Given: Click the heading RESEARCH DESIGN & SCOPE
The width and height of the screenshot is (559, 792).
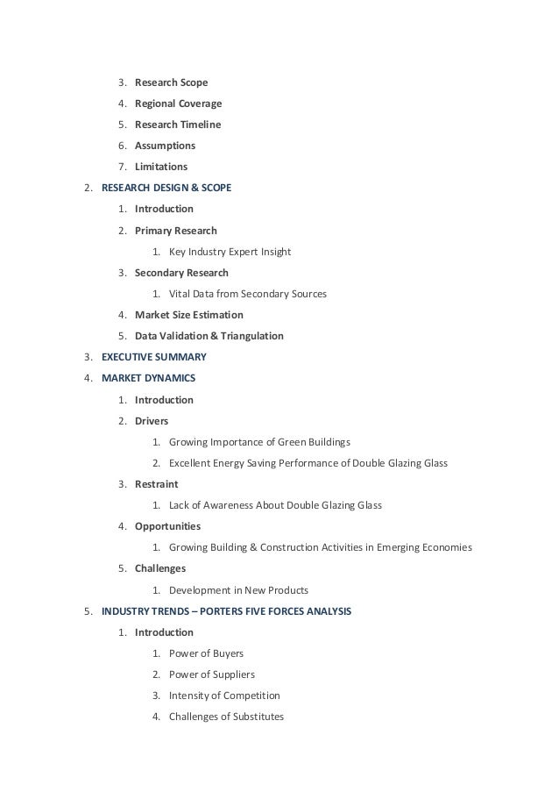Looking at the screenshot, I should [166, 188].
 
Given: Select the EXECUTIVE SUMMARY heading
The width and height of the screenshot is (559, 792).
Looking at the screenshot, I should [154, 357].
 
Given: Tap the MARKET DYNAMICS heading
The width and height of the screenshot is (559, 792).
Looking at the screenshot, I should [148, 379].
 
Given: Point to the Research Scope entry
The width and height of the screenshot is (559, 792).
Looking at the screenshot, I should [171, 82].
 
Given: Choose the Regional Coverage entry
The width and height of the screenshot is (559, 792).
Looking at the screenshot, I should [178, 103].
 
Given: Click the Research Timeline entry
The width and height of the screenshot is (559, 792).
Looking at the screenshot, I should [178, 125].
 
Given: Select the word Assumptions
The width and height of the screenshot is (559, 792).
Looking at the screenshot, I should [165, 146].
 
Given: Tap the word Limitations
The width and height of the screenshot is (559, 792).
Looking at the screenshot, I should [160, 167].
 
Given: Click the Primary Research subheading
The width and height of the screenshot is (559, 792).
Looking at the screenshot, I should [175, 231].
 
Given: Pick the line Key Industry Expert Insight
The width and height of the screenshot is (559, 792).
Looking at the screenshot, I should [230, 252].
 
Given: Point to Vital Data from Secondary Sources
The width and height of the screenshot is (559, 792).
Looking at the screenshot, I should [247, 294].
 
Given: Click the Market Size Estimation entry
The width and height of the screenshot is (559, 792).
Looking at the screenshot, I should [188, 315].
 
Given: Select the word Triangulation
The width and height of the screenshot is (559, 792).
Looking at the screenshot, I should [251, 336].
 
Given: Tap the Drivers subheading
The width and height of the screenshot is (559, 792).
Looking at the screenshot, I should [152, 421].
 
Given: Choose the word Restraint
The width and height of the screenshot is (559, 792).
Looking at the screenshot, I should [156, 484].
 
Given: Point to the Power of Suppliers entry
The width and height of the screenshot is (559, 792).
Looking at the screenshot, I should [211, 674].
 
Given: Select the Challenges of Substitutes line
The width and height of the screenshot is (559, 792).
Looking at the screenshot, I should [226, 717].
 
